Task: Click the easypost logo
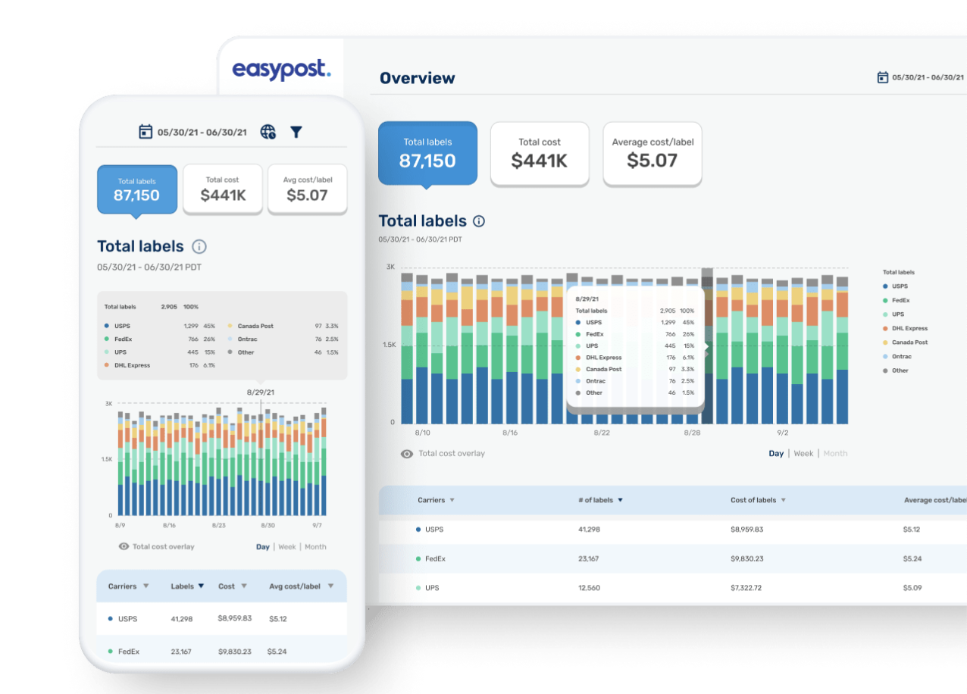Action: [x=281, y=70]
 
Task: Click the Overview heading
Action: [x=417, y=78]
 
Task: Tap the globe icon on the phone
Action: [x=268, y=132]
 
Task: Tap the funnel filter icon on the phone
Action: [x=296, y=132]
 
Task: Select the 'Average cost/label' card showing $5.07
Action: [x=652, y=153]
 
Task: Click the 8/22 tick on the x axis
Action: [x=601, y=433]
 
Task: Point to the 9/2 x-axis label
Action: [x=782, y=433]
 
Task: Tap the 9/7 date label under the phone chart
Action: [x=316, y=525]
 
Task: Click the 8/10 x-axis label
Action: [x=422, y=433]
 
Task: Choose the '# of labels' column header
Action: [x=599, y=500]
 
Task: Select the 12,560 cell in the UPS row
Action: [x=589, y=588]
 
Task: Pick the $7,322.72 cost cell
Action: [x=746, y=588]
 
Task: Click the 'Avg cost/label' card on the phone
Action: [x=307, y=189]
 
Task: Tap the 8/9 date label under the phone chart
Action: [x=119, y=525]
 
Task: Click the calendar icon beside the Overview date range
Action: [x=882, y=77]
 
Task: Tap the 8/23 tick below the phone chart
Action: [x=219, y=525]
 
